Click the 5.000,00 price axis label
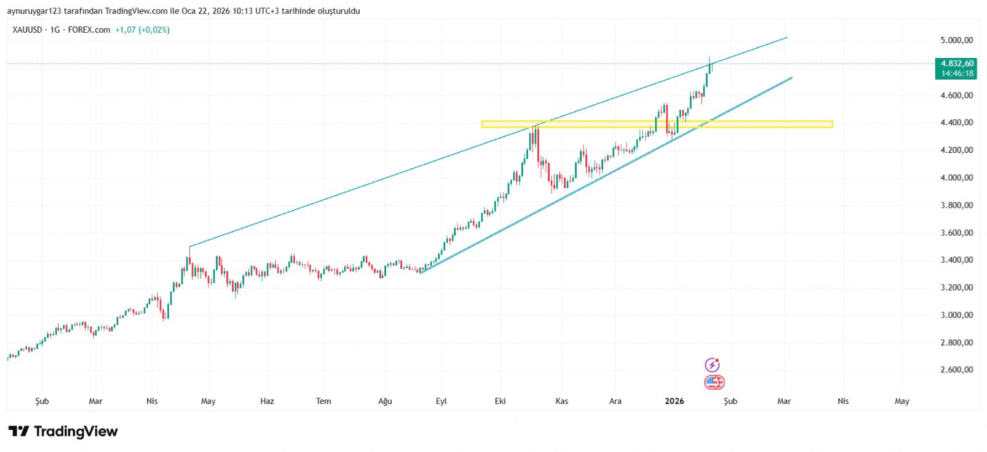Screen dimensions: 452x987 click(956, 40)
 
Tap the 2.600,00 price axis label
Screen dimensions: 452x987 click(956, 370)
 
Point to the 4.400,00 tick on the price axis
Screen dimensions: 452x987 click(956, 123)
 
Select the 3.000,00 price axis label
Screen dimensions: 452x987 click(956, 315)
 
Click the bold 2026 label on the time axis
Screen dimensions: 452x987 click(674, 401)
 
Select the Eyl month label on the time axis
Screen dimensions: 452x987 click(441, 401)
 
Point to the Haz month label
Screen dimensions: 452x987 click(267, 401)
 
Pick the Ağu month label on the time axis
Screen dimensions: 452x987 click(385, 401)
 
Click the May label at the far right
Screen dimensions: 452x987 click(902, 401)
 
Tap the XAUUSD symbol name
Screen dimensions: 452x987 click(27, 30)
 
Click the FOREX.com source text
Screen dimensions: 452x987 click(89, 30)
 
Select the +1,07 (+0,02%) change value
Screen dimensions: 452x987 click(142, 30)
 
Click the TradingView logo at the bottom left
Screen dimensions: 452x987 click(63, 431)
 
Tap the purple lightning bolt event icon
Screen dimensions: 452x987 click(712, 365)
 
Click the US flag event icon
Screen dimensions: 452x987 click(714, 382)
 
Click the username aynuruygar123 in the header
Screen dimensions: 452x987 click(34, 11)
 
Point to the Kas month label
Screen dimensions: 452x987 click(561, 401)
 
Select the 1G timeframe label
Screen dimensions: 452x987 click(56, 30)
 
